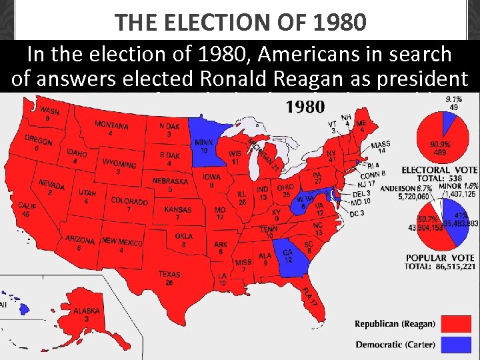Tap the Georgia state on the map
pyautogui.click(x=289, y=254)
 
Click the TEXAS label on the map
pyautogui.click(x=169, y=274)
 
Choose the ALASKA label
pyautogui.click(x=87, y=311)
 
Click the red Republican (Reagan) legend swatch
pyautogui.click(x=457, y=324)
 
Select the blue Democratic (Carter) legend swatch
pyautogui.click(x=457, y=345)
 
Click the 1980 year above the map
pyautogui.click(x=305, y=107)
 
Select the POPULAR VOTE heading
pyautogui.click(x=440, y=258)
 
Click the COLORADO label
pyautogui.click(x=129, y=201)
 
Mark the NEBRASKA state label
pyautogui.click(x=171, y=181)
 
